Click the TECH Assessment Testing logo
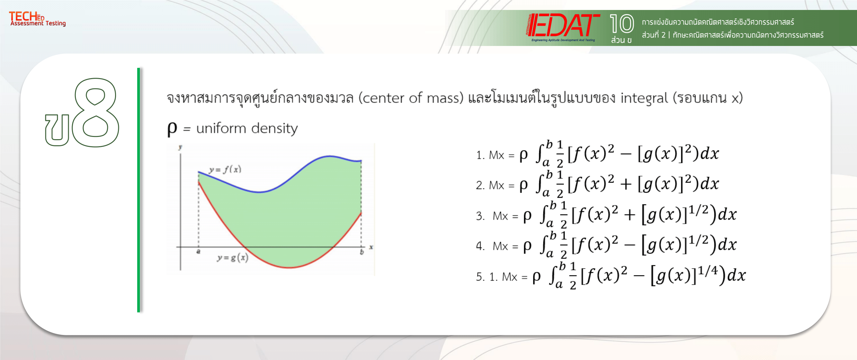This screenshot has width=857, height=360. point(37,19)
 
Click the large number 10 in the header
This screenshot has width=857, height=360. point(621,23)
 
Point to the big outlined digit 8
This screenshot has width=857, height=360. point(96,113)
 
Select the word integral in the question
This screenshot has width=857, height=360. point(644,98)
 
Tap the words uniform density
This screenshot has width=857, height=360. point(247,129)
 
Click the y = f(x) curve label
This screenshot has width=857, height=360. point(225,170)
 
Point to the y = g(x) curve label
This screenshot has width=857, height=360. point(233,258)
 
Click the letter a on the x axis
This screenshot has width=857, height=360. point(198,252)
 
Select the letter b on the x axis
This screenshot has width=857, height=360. point(362,252)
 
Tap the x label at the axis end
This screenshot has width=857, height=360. point(371,247)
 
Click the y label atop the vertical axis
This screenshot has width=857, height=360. point(180,147)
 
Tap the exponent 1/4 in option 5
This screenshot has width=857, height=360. point(708,271)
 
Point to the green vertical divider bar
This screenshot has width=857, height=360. point(138,190)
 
